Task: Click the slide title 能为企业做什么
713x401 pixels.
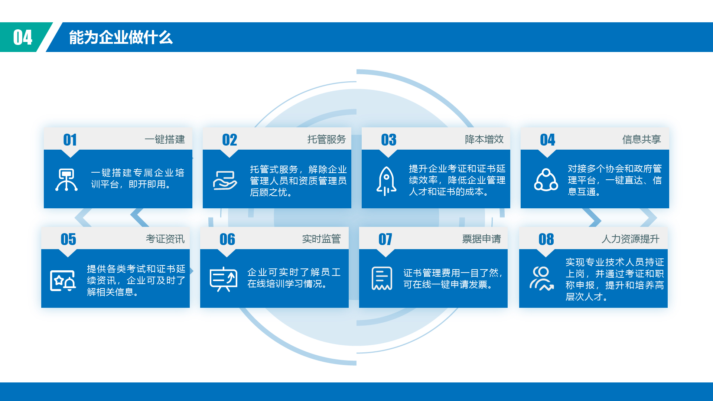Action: pyautogui.click(x=121, y=38)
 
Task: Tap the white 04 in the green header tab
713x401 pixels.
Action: pyautogui.click(x=23, y=38)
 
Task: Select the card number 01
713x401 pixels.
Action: pyautogui.click(x=70, y=140)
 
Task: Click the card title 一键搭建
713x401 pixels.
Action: pyautogui.click(x=165, y=139)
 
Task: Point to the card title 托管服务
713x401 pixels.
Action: pyautogui.click(x=326, y=139)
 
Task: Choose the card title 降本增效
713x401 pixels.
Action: pyautogui.click(x=484, y=139)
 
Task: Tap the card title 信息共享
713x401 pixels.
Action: pyautogui.click(x=641, y=139)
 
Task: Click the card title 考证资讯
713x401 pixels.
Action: pyautogui.click(x=165, y=239)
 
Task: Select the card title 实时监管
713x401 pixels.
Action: pyautogui.click(x=321, y=239)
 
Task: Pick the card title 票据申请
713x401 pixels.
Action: pyautogui.click(x=481, y=239)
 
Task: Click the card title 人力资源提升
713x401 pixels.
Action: pyautogui.click(x=630, y=239)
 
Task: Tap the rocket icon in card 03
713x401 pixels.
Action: pyautogui.click(x=386, y=181)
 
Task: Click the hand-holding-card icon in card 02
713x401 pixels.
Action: pyautogui.click(x=225, y=180)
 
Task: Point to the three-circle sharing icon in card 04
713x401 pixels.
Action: pyautogui.click(x=546, y=180)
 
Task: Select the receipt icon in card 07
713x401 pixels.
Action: pyautogui.click(x=382, y=278)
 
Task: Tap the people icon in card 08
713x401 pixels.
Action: pyautogui.click(x=542, y=278)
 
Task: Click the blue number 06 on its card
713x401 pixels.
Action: pyautogui.click(x=227, y=239)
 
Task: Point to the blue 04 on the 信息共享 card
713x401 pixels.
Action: pyautogui.click(x=547, y=140)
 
